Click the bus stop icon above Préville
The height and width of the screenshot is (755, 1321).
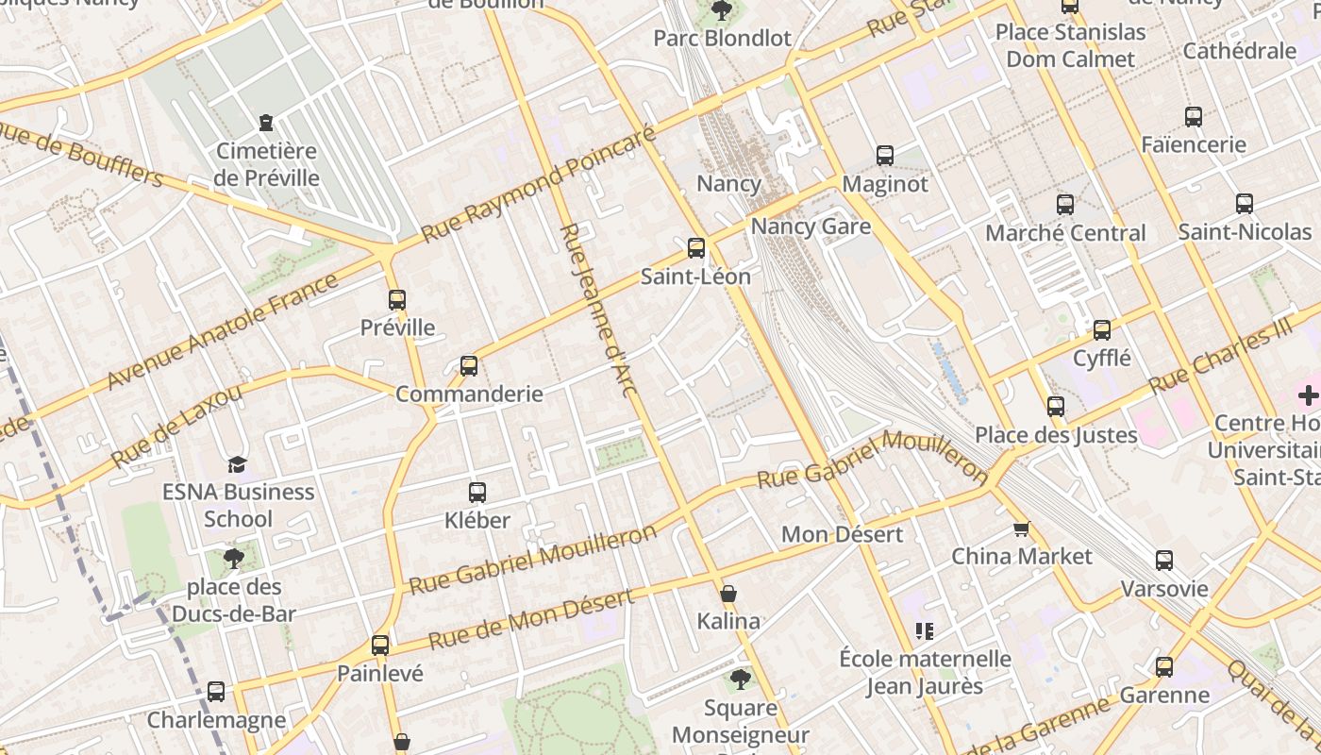pos(397,300)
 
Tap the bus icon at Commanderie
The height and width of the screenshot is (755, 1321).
pos(469,366)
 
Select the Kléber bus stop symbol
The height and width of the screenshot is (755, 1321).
pos(477,493)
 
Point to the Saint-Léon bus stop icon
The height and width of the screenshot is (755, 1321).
pos(696,248)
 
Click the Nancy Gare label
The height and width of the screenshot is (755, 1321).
pos(811,226)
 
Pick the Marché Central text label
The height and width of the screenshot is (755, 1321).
pos(1065,233)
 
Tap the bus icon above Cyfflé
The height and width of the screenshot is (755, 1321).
pos(1102,330)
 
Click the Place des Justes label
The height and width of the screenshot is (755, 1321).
pos(1056,435)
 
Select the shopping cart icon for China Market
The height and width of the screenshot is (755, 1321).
pos(1021,528)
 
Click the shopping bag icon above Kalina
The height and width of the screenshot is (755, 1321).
pos(728,594)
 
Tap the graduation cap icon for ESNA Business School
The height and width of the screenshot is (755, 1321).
pos(237,464)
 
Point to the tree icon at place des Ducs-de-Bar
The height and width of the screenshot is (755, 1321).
pos(234,559)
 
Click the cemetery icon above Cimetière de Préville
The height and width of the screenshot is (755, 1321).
pos(266,123)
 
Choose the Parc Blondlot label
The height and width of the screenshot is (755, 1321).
pos(722,39)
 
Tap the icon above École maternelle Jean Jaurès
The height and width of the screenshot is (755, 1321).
pos(924,630)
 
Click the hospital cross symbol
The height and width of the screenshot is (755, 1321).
pos(1309,395)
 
